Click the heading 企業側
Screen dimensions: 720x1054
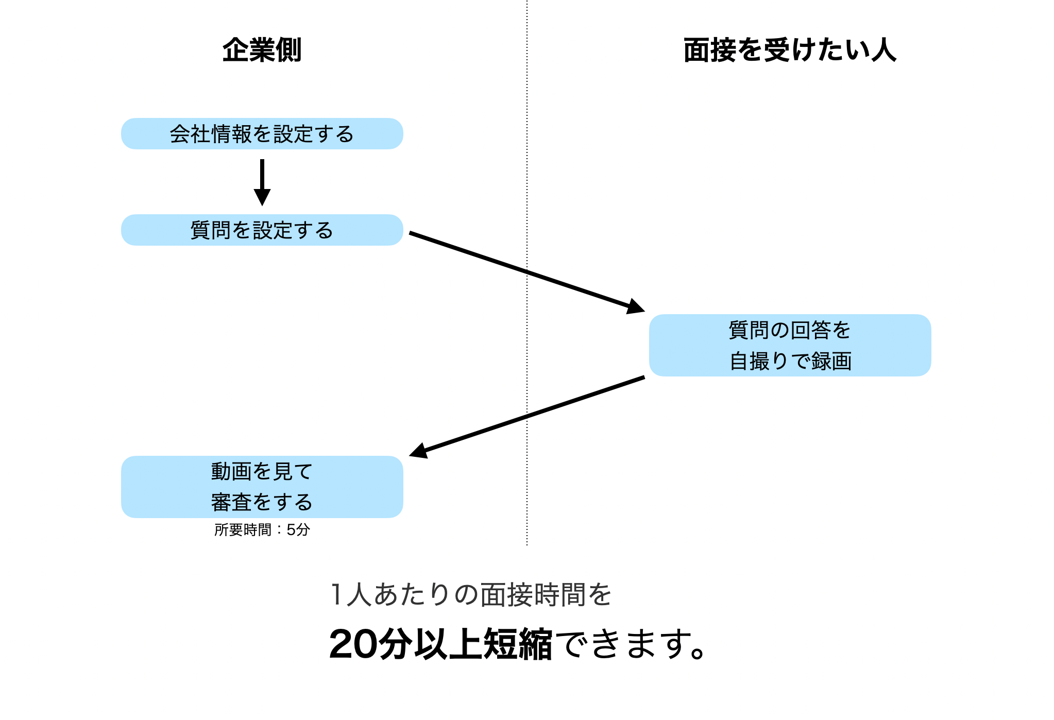click(262, 50)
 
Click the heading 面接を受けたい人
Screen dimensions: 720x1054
click(789, 50)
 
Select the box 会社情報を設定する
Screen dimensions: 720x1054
click(262, 134)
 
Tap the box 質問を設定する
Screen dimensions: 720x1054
click(262, 230)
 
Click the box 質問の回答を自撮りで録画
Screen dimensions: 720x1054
click(789, 345)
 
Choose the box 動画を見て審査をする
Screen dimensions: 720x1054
click(262, 487)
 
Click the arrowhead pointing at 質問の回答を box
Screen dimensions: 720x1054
click(636, 306)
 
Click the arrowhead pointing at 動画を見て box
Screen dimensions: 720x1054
click(419, 451)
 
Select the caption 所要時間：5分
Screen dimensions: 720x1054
click(262, 529)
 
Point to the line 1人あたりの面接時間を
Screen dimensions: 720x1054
click(470, 595)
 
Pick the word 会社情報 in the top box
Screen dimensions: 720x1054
click(210, 134)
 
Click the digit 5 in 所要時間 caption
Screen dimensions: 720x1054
click(291, 529)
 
